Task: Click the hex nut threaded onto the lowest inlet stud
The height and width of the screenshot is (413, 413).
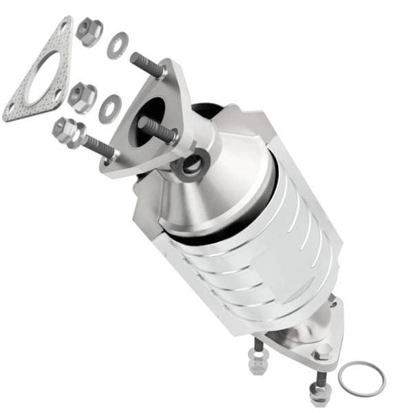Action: (66, 129)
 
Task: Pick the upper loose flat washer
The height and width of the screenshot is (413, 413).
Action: (117, 45)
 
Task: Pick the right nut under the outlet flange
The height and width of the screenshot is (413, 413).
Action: (318, 394)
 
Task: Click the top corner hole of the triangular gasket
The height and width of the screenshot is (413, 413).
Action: (64, 26)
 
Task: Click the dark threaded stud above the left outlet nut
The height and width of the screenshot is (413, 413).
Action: (259, 344)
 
